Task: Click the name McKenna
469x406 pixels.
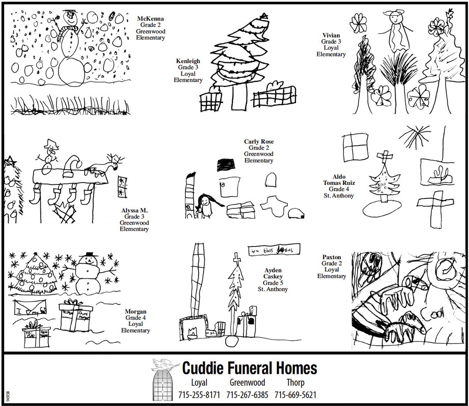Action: pos(151,19)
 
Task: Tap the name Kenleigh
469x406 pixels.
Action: pos(188,61)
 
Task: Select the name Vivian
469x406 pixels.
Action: pos(331,35)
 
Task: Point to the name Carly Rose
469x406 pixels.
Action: pos(259,142)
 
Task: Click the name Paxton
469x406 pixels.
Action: pos(332,257)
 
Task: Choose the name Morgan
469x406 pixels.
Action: pos(135,312)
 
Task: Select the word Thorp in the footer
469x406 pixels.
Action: pos(295,382)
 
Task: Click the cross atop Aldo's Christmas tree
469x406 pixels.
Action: pos(385,157)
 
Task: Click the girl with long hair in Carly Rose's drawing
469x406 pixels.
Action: pos(205,206)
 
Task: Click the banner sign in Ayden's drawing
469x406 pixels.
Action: pos(274,250)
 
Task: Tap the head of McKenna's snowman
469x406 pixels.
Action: pos(70,18)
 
